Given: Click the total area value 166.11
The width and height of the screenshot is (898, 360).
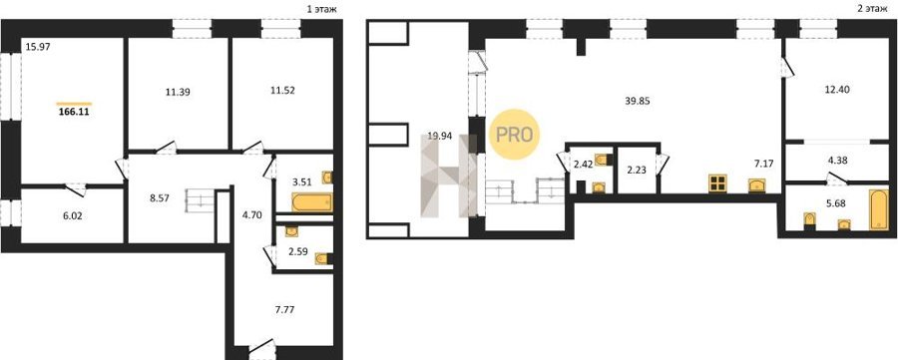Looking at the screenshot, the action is click(74, 113).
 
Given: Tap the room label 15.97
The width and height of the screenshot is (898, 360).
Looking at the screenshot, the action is click(38, 48).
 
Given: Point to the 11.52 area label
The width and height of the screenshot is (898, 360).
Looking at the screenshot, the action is click(282, 91).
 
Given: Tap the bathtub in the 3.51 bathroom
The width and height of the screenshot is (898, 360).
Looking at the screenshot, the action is click(312, 202).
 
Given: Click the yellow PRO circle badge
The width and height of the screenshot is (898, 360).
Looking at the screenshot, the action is click(514, 135).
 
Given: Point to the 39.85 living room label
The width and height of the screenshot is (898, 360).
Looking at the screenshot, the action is click(639, 101).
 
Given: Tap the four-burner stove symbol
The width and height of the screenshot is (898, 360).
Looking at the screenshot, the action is click(717, 182).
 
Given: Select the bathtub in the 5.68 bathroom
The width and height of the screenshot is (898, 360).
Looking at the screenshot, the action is click(878, 208).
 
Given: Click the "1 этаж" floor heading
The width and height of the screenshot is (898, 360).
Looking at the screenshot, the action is click(322, 9).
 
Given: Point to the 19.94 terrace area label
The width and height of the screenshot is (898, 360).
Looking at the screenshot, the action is click(440, 137).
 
